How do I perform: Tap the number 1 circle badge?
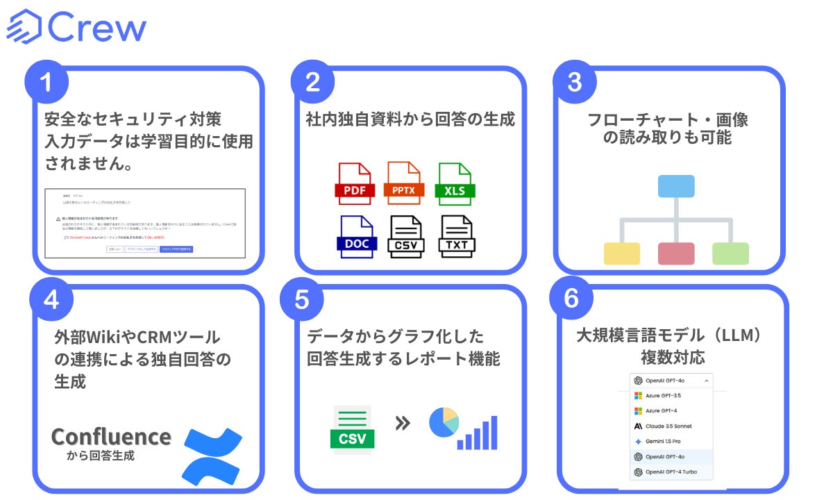[x=47, y=83]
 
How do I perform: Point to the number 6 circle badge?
[x=571, y=299]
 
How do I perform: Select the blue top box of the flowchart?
[x=675, y=186]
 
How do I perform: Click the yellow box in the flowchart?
[x=622, y=253]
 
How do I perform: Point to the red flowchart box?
[x=676, y=253]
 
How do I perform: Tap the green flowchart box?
[x=730, y=253]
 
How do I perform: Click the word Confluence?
[x=111, y=437]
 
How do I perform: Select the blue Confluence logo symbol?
[x=212, y=455]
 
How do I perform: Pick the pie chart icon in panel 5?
[x=444, y=423]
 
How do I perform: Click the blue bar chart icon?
[x=478, y=433]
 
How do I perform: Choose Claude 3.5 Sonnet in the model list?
[x=664, y=426]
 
